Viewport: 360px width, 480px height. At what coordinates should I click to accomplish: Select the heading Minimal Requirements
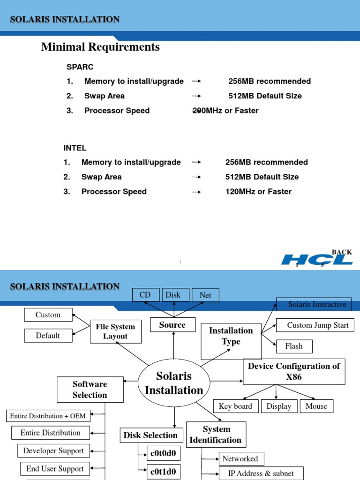tap(100, 47)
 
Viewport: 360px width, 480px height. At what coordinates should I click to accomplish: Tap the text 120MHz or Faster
tap(258, 191)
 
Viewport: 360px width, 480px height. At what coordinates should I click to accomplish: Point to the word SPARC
tap(80, 67)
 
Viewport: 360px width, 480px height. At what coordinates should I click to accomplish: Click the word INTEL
tap(75, 148)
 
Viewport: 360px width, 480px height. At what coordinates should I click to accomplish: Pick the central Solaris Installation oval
tap(174, 383)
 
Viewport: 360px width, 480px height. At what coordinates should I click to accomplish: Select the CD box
tap(145, 295)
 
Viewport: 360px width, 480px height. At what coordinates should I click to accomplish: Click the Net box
tap(205, 295)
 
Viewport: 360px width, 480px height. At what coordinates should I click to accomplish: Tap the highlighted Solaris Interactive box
tap(314, 305)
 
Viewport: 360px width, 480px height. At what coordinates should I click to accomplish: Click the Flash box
tap(294, 346)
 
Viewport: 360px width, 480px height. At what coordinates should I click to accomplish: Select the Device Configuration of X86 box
tap(294, 372)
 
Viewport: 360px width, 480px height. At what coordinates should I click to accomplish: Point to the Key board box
tap(235, 406)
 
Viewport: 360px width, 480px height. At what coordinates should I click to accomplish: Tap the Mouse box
tap(316, 406)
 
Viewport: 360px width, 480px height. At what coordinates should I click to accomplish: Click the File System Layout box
tap(115, 331)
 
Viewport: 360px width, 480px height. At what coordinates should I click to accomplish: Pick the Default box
tap(48, 336)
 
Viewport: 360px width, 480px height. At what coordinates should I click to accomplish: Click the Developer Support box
tap(53, 451)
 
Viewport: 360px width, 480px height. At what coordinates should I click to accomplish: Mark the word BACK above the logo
tap(342, 252)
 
